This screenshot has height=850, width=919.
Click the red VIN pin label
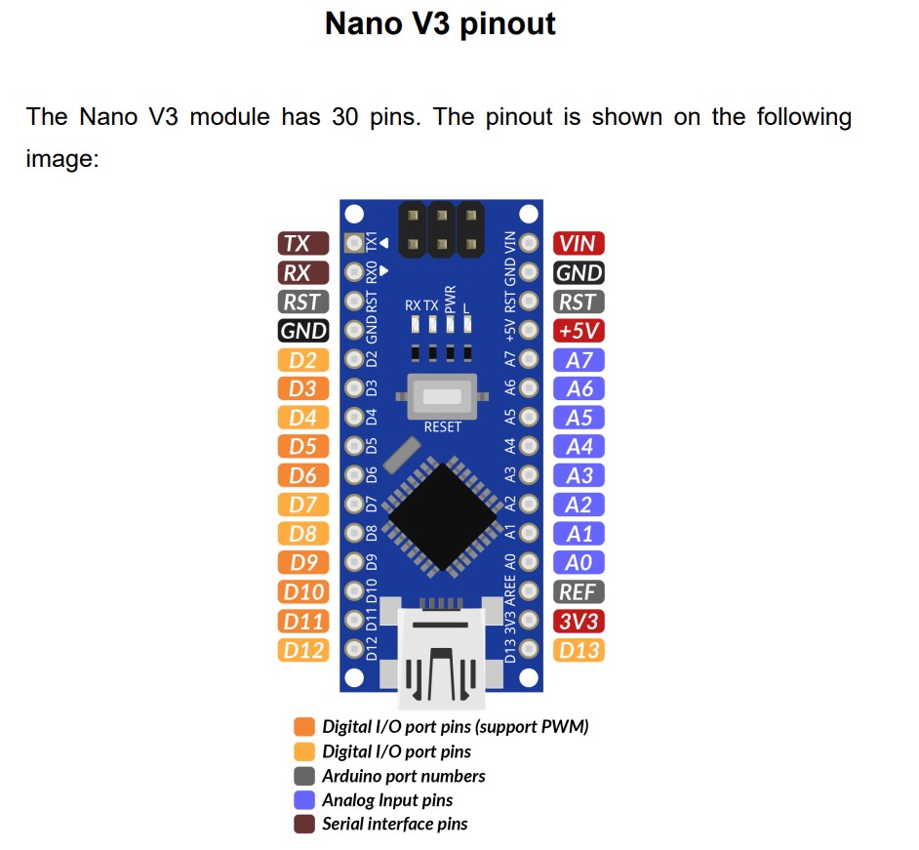(x=579, y=244)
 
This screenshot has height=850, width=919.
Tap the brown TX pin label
(x=303, y=244)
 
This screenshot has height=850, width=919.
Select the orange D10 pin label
(x=303, y=592)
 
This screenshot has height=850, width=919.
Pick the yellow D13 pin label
(x=579, y=650)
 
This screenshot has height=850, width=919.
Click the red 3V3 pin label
(x=579, y=621)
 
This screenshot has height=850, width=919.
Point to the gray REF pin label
(x=579, y=592)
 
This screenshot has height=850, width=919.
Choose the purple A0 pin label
(x=579, y=563)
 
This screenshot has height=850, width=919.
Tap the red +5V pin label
(x=579, y=331)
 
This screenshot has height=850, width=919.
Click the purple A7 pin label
(x=579, y=360)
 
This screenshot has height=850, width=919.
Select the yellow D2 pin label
(x=303, y=360)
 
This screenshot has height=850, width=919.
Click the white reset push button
(x=442, y=397)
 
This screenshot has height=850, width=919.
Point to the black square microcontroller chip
(x=443, y=516)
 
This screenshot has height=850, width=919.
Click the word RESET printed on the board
(x=442, y=427)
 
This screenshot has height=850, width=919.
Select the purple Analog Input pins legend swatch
(x=304, y=800)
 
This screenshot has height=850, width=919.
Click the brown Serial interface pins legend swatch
(x=304, y=825)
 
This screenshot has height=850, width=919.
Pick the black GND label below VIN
(x=579, y=273)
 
